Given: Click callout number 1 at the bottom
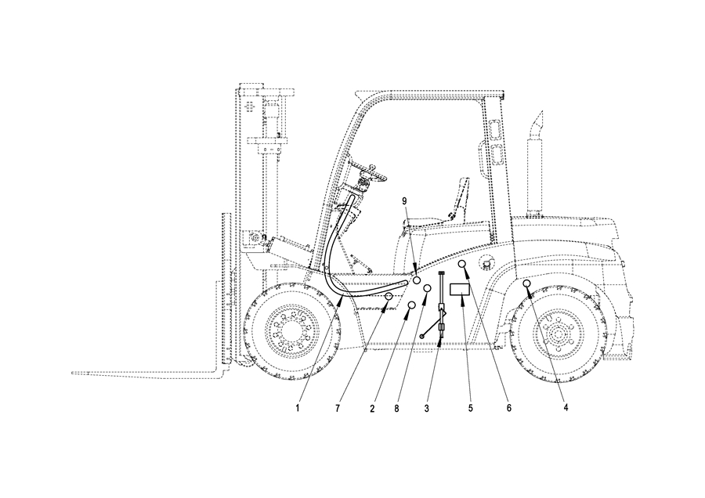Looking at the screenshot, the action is tap(297, 408).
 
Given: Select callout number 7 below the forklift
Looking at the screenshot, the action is tap(338, 408).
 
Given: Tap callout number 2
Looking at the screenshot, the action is tap(372, 408).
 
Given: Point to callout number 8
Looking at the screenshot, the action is tap(396, 408).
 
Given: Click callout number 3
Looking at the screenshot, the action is tap(426, 408).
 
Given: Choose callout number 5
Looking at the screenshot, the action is tap(470, 408).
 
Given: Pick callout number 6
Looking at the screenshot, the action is tap(509, 408).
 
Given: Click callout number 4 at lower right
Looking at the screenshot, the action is tap(566, 408).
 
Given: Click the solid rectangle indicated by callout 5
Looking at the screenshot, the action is tap(460, 289).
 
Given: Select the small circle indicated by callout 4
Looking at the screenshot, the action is tap(527, 283).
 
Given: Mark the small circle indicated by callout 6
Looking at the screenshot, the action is tap(461, 264).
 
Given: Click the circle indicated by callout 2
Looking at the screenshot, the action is tap(411, 305).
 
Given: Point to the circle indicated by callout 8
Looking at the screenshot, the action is tap(428, 287).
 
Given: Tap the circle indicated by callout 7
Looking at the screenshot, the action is tap(389, 296).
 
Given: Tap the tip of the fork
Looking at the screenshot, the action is tap(73, 373).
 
